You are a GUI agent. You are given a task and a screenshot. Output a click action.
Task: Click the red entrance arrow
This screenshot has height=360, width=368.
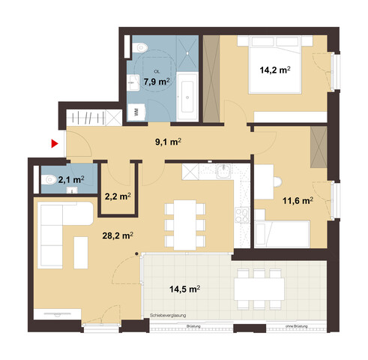coord(54,142)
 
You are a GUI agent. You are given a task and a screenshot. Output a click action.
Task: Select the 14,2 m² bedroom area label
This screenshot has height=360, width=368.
coord(274,71)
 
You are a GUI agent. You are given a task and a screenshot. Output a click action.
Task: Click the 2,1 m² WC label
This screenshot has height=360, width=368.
coord(72,179)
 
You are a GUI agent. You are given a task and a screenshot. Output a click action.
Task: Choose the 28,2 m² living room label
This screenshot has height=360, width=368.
coord(118,235)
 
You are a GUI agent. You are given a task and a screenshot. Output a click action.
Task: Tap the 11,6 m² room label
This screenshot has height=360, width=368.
coord(296,201)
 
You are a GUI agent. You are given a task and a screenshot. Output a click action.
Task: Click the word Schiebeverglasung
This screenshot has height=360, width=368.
coord(172,316)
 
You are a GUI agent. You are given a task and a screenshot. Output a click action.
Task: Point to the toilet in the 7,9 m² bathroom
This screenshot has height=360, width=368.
coord(142,47)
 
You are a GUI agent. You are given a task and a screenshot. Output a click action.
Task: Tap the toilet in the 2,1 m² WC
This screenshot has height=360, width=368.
coord(49,179)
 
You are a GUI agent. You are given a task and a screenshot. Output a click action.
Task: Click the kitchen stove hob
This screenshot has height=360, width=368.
coord(244,217)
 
